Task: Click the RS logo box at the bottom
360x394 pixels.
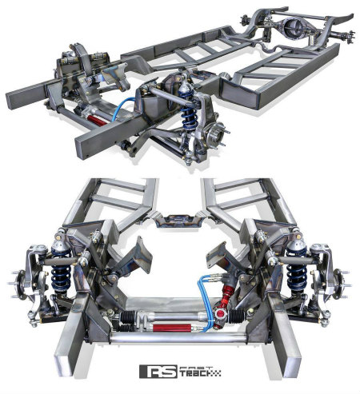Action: [x=158, y=371]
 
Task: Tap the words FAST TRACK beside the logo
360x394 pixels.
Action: [x=200, y=371]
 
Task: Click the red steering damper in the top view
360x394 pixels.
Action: [x=97, y=119]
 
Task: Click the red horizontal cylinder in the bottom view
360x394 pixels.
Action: [x=172, y=328]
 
